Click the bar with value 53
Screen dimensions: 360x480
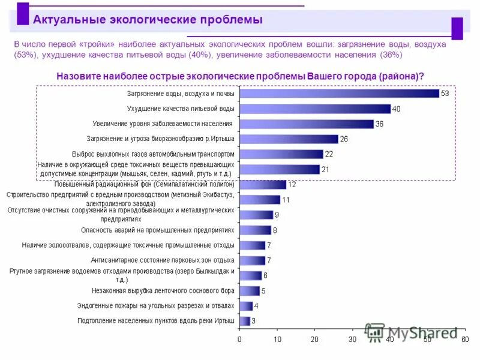[339, 94]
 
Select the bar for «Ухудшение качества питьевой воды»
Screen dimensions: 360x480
[315, 109]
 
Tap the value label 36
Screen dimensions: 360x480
[379, 124]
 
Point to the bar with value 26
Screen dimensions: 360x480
[289, 139]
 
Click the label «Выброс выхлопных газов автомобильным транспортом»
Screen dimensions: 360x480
[153, 154]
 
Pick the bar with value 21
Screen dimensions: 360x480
[279, 169]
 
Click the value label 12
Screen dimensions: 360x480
[292, 185]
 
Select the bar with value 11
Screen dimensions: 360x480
[260, 200]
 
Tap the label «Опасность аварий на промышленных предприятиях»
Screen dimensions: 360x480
[158, 230]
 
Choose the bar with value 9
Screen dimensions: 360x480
[256, 215]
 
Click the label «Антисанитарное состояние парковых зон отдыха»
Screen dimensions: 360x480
[162, 260]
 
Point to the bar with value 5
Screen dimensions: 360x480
[249, 291]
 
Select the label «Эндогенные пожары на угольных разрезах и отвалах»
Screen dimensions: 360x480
[155, 305]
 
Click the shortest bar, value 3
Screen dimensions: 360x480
[245, 321]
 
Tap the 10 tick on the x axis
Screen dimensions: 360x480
[277, 340]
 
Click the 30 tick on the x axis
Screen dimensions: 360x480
[352, 340]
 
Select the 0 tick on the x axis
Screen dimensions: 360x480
[239, 340]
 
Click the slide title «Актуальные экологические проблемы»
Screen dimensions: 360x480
[148, 20]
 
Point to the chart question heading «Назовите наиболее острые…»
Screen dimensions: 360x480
[240, 76]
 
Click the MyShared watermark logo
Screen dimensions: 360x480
[414, 332]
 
